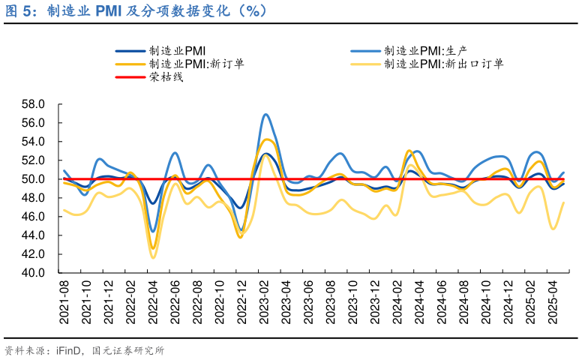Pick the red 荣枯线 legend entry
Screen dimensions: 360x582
pyautogui.click(x=166, y=76)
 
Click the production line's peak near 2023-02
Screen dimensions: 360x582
pyautogui.click(x=265, y=114)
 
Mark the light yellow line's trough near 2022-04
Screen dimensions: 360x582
pyautogui.click(x=153, y=258)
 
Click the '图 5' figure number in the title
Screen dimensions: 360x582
pyautogui.click(x=18, y=11)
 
